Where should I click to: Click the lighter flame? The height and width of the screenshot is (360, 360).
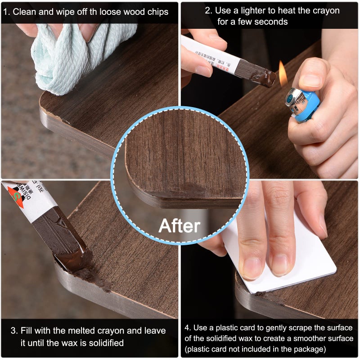(x=283, y=74)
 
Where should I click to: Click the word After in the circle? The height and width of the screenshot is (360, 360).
(x=180, y=225)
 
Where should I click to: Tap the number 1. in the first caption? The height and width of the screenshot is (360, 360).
(x=6, y=12)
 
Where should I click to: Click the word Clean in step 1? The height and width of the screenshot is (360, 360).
(x=24, y=12)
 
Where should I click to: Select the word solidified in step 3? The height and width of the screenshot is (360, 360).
(x=102, y=343)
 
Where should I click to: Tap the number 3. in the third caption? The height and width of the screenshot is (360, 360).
(x=14, y=331)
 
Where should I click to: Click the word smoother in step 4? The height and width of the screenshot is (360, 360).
(x=297, y=338)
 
